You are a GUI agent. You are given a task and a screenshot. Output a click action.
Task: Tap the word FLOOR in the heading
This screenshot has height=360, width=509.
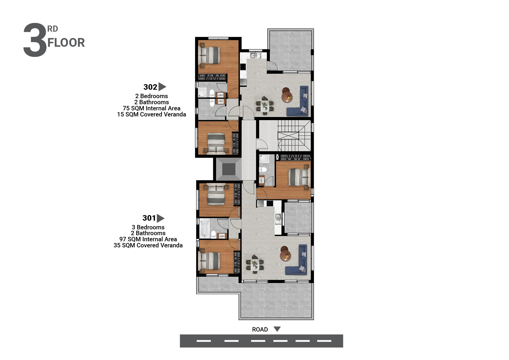click(x=66, y=43)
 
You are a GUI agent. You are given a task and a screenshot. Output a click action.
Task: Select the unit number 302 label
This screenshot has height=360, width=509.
click(x=150, y=87)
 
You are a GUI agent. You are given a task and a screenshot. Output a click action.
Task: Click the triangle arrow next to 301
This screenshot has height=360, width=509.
click(x=161, y=218)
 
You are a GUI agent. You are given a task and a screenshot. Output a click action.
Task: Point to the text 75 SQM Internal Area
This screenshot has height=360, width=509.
click(x=151, y=108)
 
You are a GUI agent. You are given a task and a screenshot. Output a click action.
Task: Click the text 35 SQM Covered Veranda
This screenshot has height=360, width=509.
click(x=148, y=245)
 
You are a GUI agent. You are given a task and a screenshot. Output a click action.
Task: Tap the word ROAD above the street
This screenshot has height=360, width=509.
click(x=260, y=330)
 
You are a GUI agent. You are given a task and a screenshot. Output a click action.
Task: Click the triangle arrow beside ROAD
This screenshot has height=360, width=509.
click(x=277, y=329)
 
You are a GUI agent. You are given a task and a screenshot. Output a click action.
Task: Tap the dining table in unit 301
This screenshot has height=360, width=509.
click(x=255, y=265)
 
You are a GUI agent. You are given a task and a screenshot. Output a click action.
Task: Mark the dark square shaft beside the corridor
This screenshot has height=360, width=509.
click(x=229, y=169)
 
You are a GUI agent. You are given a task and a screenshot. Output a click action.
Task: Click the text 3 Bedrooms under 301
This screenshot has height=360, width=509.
click(x=148, y=227)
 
